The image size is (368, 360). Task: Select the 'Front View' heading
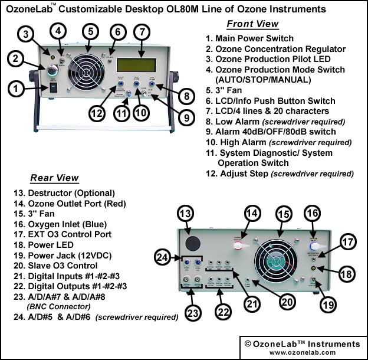pyautogui.click(x=252, y=24)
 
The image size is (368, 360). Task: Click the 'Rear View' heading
pyautogui.click(x=54, y=178)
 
